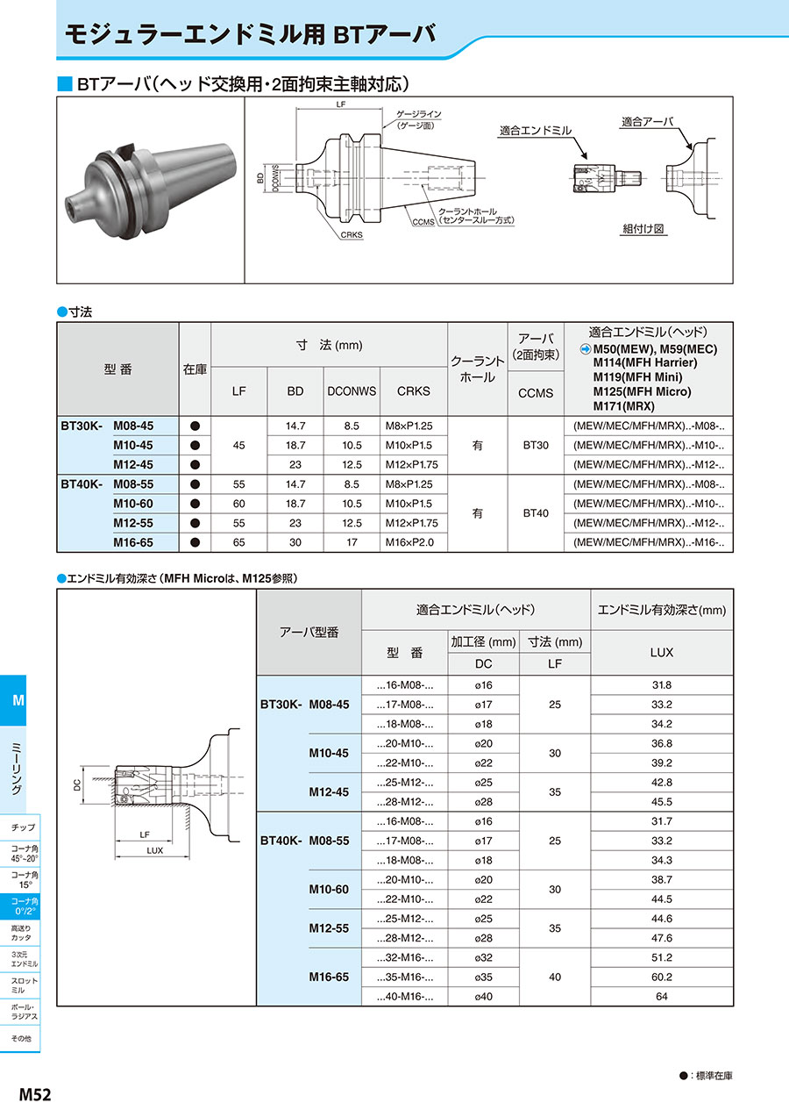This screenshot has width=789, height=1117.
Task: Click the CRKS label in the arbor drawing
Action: click(x=352, y=235)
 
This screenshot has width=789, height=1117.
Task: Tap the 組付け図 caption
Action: click(x=643, y=228)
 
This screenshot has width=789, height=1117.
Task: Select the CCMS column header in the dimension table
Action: click(x=536, y=392)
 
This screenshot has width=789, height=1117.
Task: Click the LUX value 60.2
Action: click(x=662, y=977)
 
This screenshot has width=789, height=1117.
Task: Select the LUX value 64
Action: click(x=662, y=996)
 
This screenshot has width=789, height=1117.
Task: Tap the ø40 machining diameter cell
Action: click(x=483, y=996)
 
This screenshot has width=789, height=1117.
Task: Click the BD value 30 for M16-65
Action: click(x=295, y=542)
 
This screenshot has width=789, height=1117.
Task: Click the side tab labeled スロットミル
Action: click(x=25, y=985)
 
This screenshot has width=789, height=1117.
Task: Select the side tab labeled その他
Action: click(x=21, y=1038)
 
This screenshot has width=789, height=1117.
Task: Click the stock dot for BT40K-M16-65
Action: click(x=195, y=542)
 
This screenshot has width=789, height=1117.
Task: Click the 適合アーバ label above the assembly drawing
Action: click(x=648, y=121)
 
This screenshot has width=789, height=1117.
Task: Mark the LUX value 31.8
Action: click(x=662, y=685)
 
